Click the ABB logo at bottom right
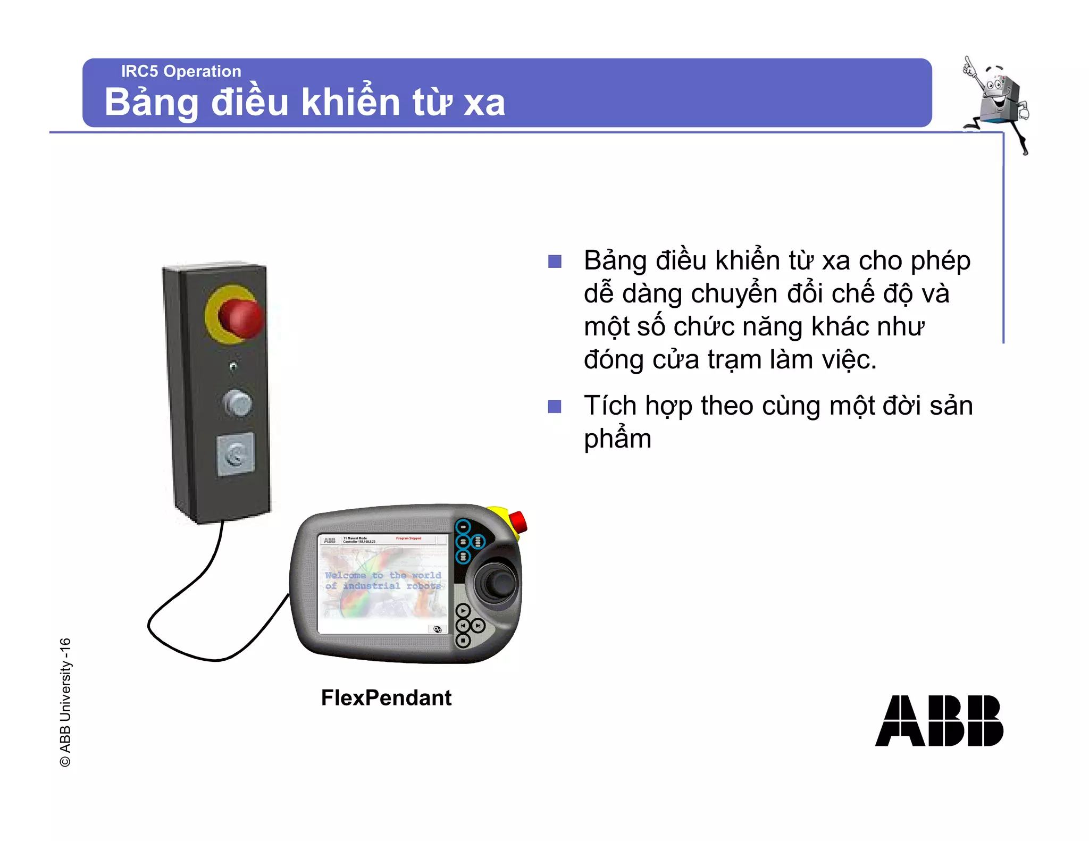[939, 720]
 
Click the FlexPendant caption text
[386, 697]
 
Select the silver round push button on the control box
[237, 403]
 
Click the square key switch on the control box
[235, 455]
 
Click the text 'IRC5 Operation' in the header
[181, 71]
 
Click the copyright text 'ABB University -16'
[65, 702]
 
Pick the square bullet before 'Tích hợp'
[555, 407]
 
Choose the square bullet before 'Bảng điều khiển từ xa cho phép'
[555, 262]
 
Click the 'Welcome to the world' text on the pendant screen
[383, 575]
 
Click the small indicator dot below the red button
[233, 366]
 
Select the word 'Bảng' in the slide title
[151, 102]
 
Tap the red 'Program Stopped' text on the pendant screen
[408, 539]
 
